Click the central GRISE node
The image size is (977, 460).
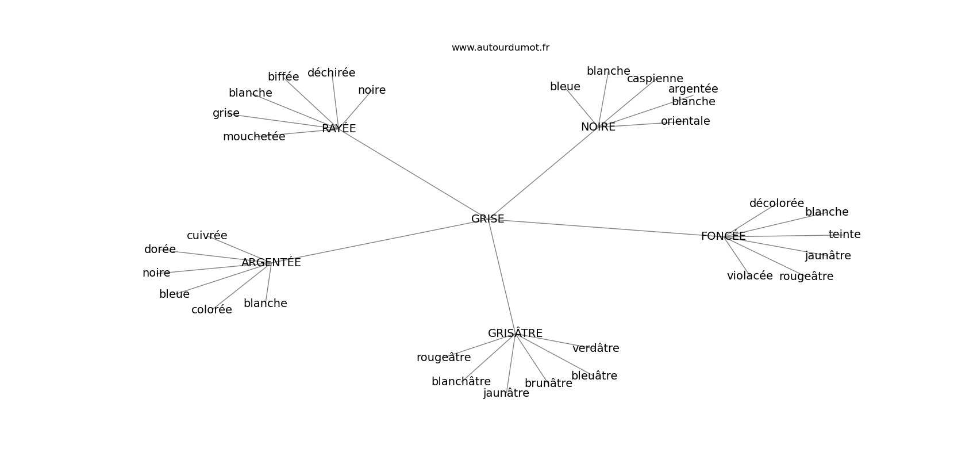tap(487, 218)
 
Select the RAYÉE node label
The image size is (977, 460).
tap(339, 128)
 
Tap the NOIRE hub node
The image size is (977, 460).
tap(598, 126)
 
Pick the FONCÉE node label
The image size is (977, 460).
tap(723, 236)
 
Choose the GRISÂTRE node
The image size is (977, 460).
tap(515, 332)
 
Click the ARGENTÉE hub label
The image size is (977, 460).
tap(271, 262)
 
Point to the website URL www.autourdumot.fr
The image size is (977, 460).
tap(500, 48)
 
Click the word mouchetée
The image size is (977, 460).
tap(254, 137)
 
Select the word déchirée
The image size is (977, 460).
tap(331, 72)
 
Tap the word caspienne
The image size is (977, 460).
tap(655, 79)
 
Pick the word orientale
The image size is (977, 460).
tap(685, 121)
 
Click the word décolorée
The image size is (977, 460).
tap(776, 203)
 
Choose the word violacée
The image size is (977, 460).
tap(750, 276)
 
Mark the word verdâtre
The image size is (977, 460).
tap(596, 348)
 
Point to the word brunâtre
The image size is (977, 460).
tap(548, 383)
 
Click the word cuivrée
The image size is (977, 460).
tap(207, 235)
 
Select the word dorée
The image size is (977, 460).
tap(160, 249)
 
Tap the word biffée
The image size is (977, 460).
tap(283, 76)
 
